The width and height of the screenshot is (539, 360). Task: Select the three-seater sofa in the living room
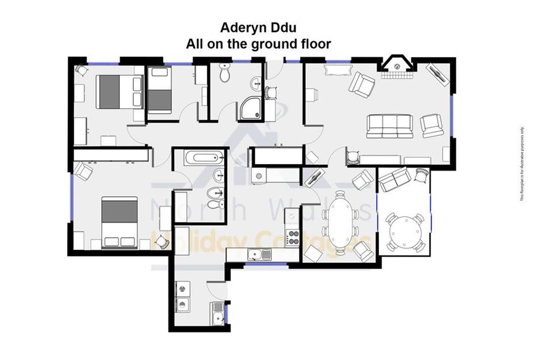[x=391, y=125]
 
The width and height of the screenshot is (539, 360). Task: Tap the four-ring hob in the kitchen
[x=293, y=237]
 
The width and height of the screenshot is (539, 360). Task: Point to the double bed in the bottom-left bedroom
[x=119, y=221]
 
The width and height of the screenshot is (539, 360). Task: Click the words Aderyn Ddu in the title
[x=259, y=28]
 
